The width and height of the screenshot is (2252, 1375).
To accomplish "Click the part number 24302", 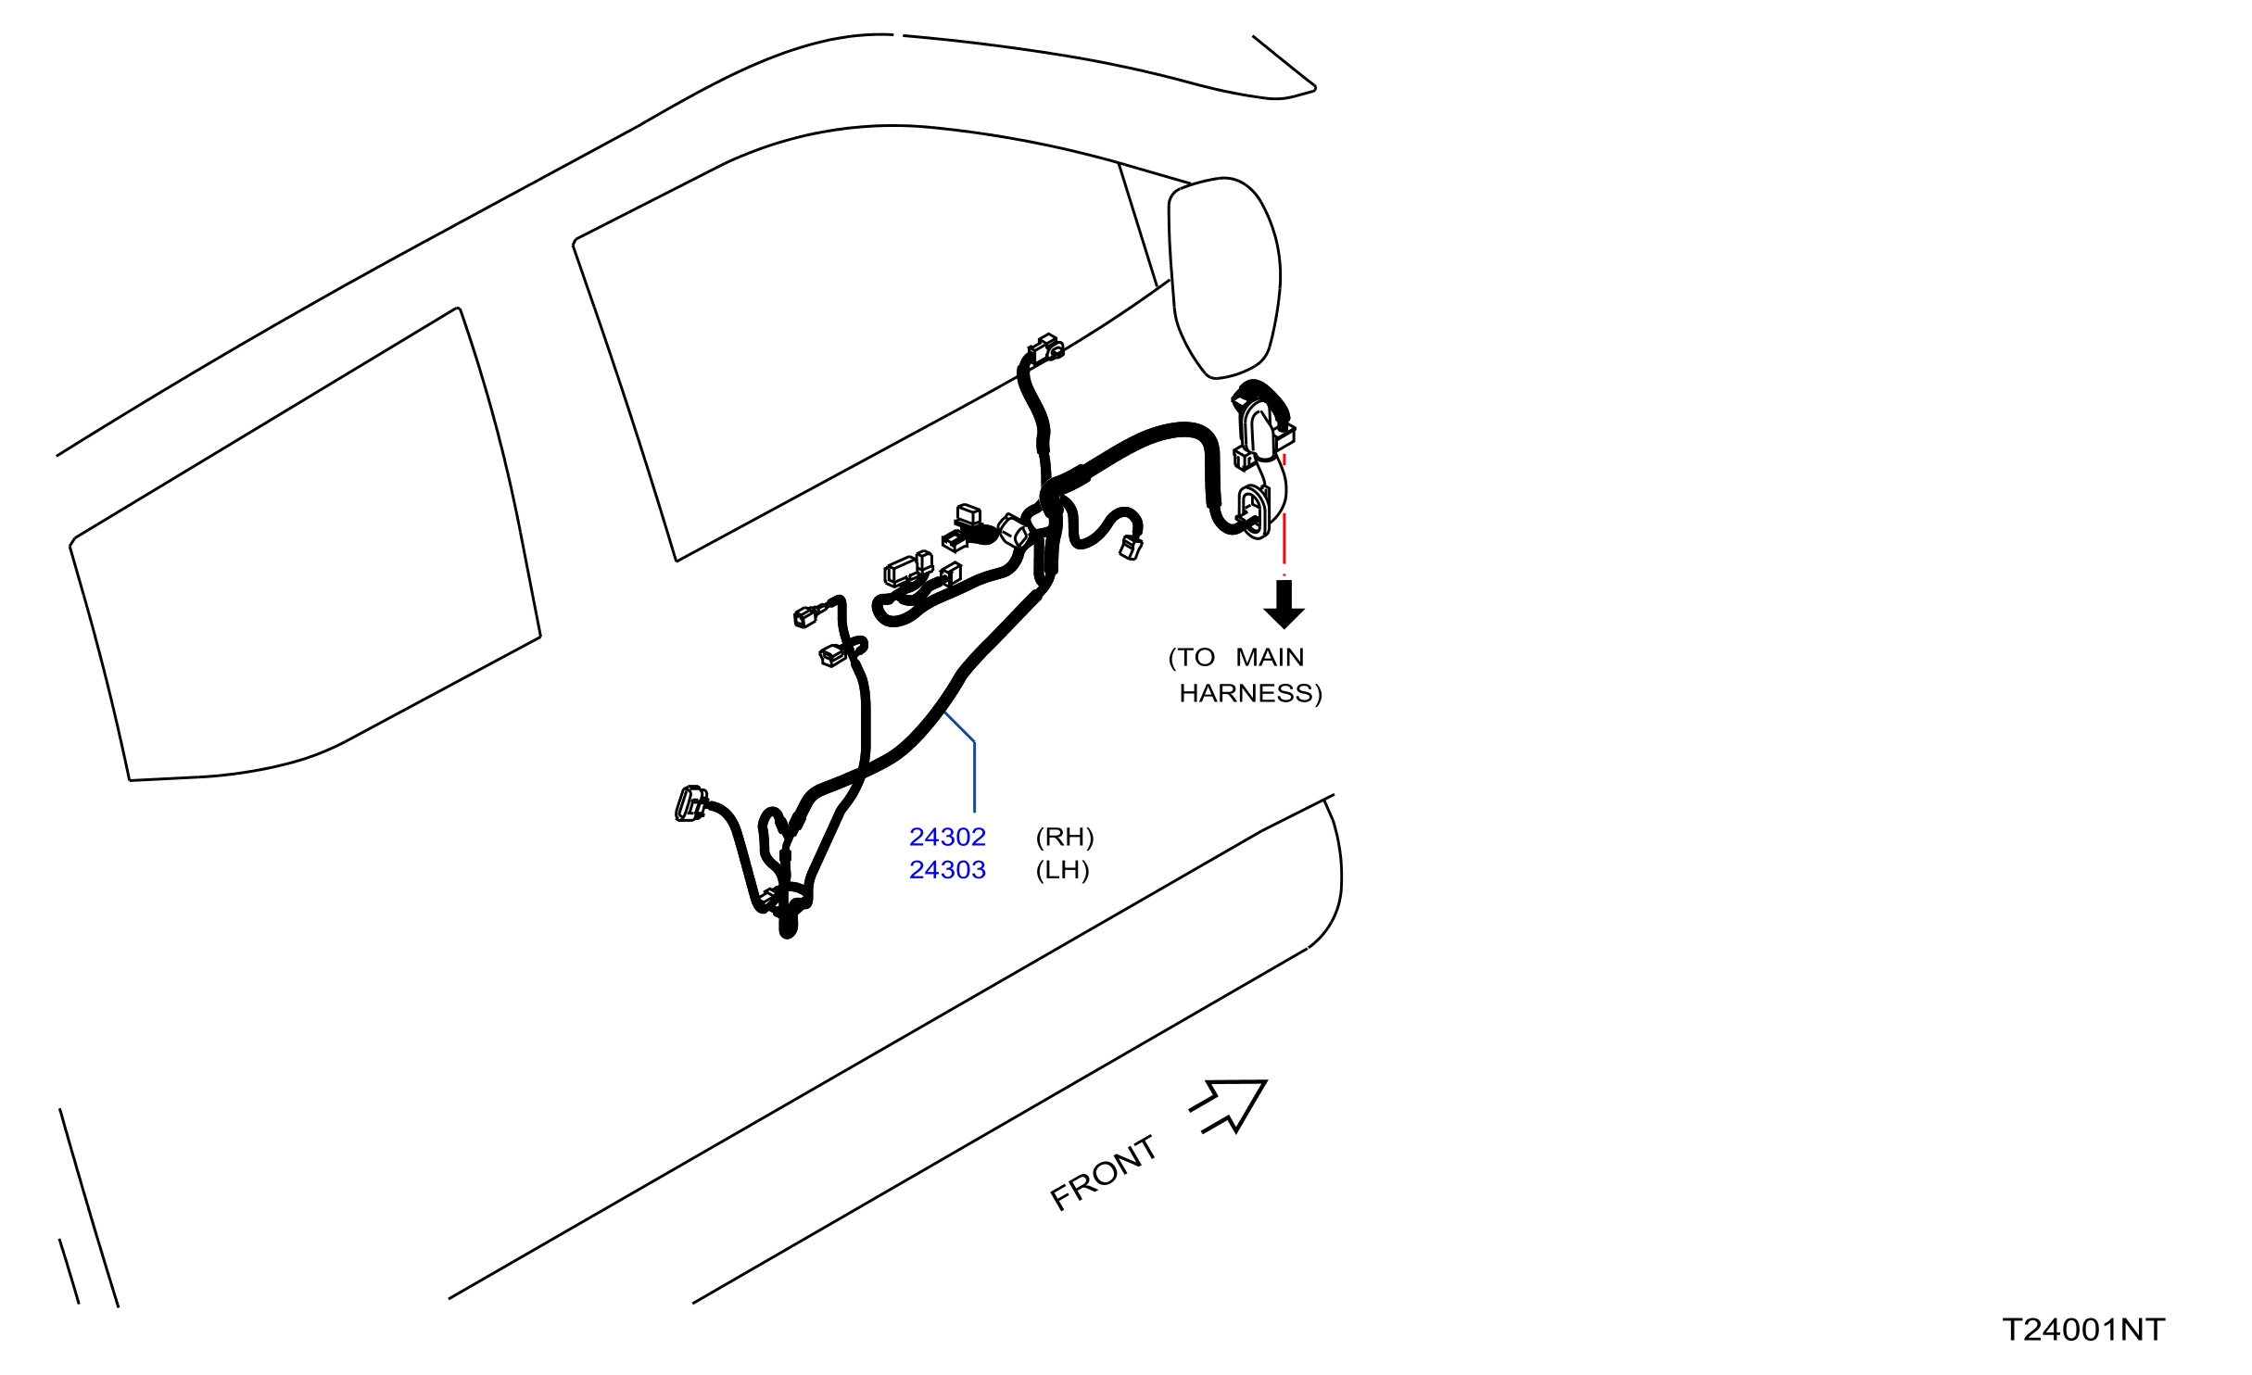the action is [x=947, y=837].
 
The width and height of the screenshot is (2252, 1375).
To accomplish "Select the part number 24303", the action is [x=947, y=870].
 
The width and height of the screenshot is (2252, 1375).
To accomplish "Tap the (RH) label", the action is [x=1065, y=837].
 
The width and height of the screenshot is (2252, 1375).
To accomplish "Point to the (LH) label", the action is [x=1062, y=870].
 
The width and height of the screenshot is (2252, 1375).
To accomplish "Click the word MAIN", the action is [x=1270, y=657].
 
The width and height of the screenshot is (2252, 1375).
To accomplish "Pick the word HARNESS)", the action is [x=1251, y=693].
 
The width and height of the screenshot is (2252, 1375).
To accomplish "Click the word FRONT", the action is [x=1103, y=1173].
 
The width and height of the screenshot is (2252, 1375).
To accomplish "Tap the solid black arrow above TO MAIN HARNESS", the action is [x=1284, y=604].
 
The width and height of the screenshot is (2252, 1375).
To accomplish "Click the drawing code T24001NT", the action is [x=2084, y=1330].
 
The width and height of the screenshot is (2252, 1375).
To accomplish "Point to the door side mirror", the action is [x=1224, y=277].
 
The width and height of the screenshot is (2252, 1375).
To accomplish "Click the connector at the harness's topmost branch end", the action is [x=1045, y=349].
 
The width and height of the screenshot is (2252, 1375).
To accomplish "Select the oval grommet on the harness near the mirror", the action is [x=1252, y=511].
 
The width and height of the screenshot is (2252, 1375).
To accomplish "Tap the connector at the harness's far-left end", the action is [x=690, y=803].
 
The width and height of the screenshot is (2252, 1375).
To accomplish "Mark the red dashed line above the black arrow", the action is [x=1284, y=514].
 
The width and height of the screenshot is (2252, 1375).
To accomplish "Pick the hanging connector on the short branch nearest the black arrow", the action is [x=1132, y=547].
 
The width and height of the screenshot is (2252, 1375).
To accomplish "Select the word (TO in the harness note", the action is [x=1192, y=657].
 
